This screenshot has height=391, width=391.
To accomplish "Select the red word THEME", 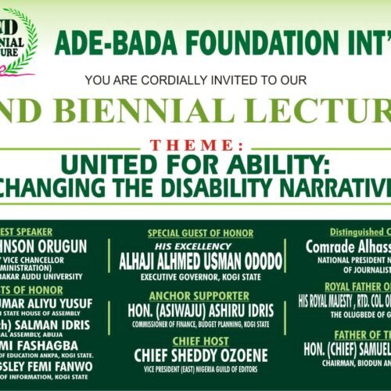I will [x=198, y=146].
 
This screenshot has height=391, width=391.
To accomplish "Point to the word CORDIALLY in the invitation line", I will [x=167, y=81].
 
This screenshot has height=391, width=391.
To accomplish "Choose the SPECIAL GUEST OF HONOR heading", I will [x=200, y=233].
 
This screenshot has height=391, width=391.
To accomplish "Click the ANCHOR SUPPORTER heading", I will [x=200, y=296].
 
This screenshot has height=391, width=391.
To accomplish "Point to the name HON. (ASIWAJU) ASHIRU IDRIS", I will [x=200, y=310].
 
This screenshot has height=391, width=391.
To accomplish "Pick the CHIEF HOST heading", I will [x=200, y=342].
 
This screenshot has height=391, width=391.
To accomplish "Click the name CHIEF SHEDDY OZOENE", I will [x=200, y=356].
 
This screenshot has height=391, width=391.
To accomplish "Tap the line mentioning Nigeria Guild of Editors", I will [x=200, y=371].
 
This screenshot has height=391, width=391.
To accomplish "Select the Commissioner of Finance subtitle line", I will [x=200, y=323].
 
